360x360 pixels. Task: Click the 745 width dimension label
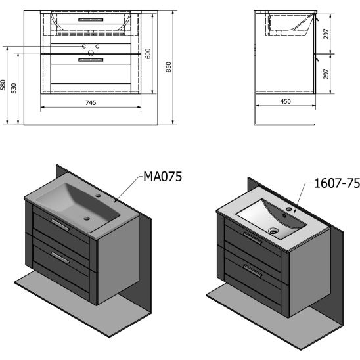pos(91,102)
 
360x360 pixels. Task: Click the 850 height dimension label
pos(169,67)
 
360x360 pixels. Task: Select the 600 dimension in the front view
pos(148,53)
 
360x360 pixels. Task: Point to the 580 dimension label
pos(3,85)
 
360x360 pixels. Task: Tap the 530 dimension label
pos(14,89)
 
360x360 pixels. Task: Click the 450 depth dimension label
pos(285,101)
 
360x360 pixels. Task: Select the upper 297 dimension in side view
pos(326,34)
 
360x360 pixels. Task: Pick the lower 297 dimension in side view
pos(326,74)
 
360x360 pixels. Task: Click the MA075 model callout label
pos(162,177)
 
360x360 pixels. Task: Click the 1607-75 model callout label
pos(337,183)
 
